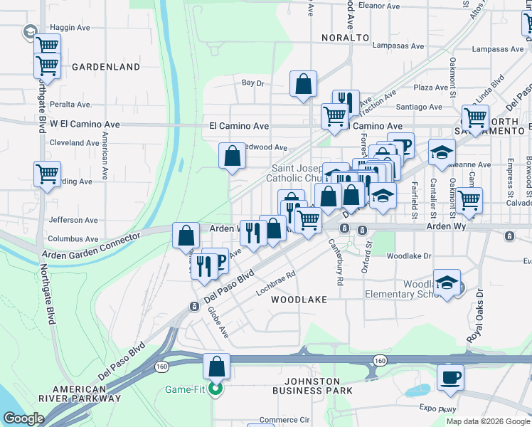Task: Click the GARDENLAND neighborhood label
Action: pos(106,67)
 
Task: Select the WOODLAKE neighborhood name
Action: pos(299,300)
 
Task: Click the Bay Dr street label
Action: pos(252,83)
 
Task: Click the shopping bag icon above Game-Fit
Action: pos(217,367)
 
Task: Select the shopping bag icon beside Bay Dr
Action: pos(304,83)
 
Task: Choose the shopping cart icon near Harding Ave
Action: pos(48,173)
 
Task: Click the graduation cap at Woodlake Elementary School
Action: pos(447,283)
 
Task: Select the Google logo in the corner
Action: pos(24,418)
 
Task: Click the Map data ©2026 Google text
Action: pos(487,421)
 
